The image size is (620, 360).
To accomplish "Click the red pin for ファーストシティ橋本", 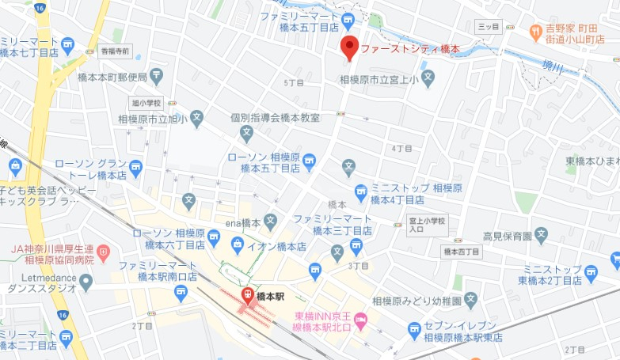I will click(349, 47).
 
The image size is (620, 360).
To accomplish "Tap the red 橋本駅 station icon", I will click(247, 296).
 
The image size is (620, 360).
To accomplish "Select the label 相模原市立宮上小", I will click(378, 78).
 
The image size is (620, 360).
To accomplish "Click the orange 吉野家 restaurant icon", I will click(537, 33).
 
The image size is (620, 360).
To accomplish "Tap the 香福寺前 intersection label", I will click(114, 51).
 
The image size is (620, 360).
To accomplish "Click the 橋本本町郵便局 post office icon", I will click(156, 78).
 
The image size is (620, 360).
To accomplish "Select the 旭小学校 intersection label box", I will click(146, 103).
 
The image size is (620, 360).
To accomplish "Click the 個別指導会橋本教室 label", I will click(276, 118).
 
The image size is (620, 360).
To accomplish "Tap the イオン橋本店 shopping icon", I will click(269, 247).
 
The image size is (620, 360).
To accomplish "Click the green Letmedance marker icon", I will click(86, 281).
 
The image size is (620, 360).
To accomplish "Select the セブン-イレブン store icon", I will click(413, 328).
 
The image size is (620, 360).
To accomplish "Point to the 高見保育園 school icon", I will click(541, 235).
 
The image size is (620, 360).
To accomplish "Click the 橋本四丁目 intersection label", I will click(461, 252).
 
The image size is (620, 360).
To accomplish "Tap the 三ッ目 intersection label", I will click(489, 27).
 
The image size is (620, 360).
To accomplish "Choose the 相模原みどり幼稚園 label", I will click(416, 301).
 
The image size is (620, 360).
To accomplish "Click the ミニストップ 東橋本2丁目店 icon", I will click(591, 274).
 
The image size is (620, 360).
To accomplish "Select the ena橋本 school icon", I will click(271, 220).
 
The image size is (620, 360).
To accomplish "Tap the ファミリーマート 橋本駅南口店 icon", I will click(181, 294).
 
